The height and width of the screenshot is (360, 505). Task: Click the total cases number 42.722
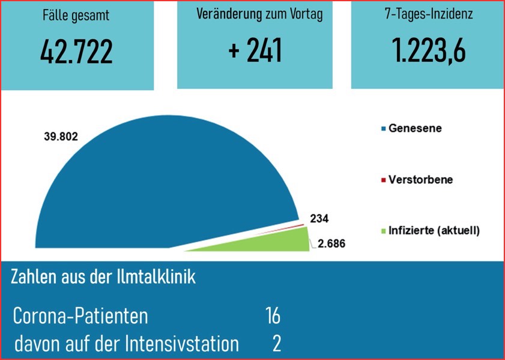click(76, 53)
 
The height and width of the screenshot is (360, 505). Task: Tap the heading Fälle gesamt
click(76, 16)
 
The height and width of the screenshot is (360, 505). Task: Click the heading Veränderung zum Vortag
click(259, 14)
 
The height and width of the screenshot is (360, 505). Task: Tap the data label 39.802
click(61, 136)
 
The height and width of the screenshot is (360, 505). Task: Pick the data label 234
click(319, 219)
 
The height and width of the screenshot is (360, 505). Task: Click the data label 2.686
click(331, 244)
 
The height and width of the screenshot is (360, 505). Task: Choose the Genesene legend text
click(415, 128)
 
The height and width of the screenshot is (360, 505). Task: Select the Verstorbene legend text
click(420, 180)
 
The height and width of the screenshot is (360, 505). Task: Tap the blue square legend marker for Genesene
click(383, 129)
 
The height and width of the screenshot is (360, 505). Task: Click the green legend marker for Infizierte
click(383, 231)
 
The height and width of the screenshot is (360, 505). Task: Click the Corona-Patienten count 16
click(273, 316)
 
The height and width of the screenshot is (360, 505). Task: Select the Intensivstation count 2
click(276, 344)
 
